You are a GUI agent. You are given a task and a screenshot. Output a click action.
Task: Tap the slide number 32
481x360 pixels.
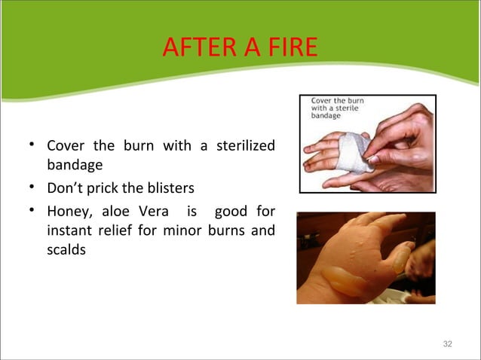click(x=448, y=343)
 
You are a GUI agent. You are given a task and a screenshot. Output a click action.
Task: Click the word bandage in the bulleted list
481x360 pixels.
click(x=74, y=164)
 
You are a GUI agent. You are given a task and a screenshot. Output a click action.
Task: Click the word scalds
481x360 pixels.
click(x=66, y=249)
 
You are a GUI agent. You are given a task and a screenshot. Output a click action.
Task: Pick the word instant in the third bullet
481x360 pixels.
click(x=69, y=230)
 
